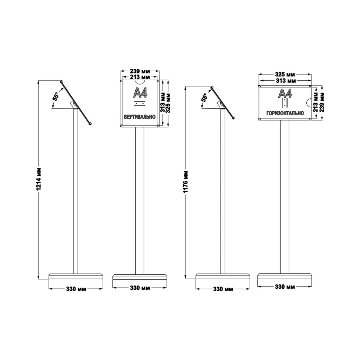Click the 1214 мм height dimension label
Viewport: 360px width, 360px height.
point(39,179)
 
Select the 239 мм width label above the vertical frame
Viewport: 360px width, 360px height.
point(140,71)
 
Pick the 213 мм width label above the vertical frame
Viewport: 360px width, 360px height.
point(140,77)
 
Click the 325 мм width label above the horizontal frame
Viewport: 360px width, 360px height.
point(285,75)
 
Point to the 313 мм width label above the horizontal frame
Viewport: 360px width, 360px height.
point(285,81)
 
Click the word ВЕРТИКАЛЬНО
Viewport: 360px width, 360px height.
point(140,117)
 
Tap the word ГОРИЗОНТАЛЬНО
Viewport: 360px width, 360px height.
point(285,113)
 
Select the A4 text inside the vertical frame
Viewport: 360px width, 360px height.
point(140,93)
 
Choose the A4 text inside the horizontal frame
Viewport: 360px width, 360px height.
point(285,93)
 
